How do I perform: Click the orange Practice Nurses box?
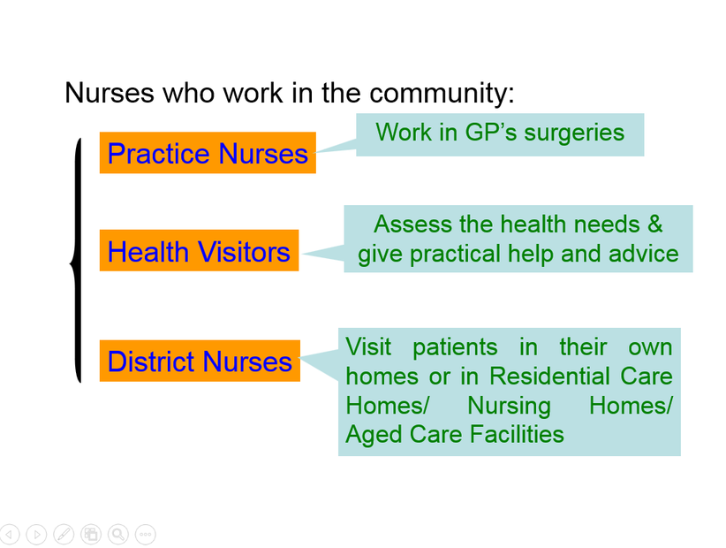(208, 153)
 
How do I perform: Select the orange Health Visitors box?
(199, 251)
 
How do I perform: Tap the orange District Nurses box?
(200, 361)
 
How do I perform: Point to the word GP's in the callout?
(491, 133)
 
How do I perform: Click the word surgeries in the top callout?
(574, 133)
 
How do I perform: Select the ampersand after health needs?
(655, 225)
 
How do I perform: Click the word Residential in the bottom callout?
(549, 376)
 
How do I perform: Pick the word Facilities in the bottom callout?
(517, 434)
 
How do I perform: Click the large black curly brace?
(77, 261)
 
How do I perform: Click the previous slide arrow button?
(9, 535)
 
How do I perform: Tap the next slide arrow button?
(36, 535)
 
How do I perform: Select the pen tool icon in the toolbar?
(64, 535)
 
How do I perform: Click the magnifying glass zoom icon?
(118, 535)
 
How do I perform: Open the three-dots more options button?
(146, 535)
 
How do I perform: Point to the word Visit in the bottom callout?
(368, 346)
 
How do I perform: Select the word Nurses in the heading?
(110, 93)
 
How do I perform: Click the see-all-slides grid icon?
(91, 535)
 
